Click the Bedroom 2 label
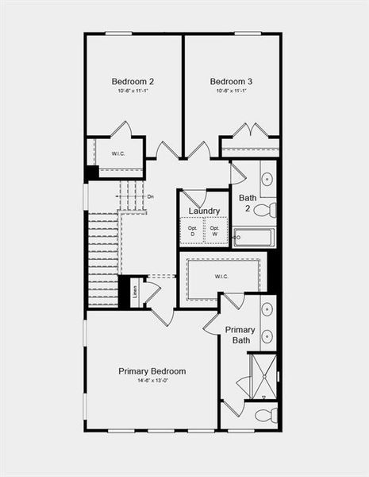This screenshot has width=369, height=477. (133, 81)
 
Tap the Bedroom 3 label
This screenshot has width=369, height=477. (231, 81)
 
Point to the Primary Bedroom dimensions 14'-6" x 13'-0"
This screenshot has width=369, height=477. (152, 382)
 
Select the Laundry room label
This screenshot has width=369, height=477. (204, 211)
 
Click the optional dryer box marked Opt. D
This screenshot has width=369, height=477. (192, 231)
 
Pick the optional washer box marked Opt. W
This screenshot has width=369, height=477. (214, 231)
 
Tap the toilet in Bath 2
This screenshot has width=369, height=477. (266, 210)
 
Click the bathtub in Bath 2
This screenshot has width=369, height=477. (254, 237)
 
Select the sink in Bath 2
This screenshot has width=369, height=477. (267, 179)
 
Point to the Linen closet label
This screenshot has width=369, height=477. (133, 292)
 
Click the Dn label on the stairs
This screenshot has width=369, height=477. (151, 196)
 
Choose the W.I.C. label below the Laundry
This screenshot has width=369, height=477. (221, 277)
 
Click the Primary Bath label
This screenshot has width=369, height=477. (240, 335)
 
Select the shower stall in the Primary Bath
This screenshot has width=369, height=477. (262, 376)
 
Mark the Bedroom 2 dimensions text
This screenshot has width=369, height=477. (133, 91)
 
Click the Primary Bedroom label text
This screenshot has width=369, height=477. (152, 371)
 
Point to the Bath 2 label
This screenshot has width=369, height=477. (248, 203)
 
